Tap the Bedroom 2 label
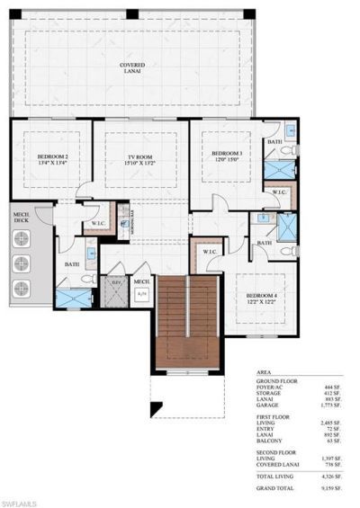(x=52, y=158)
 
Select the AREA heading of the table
(x=265, y=370)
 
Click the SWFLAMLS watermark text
(x=20, y=499)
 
